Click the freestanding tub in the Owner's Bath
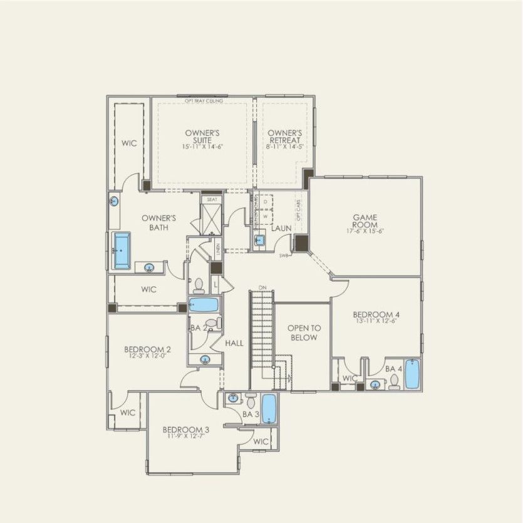(122, 251)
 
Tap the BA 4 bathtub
(412, 375)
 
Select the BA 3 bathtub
(269, 409)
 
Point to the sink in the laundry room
(260, 241)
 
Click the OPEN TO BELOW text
(303, 333)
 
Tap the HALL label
(234, 343)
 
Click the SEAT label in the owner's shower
(212, 199)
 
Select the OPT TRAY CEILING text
(204, 100)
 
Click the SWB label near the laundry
(283, 256)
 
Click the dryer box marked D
(266, 202)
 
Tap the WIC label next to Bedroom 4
(350, 378)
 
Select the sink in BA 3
(234, 398)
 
